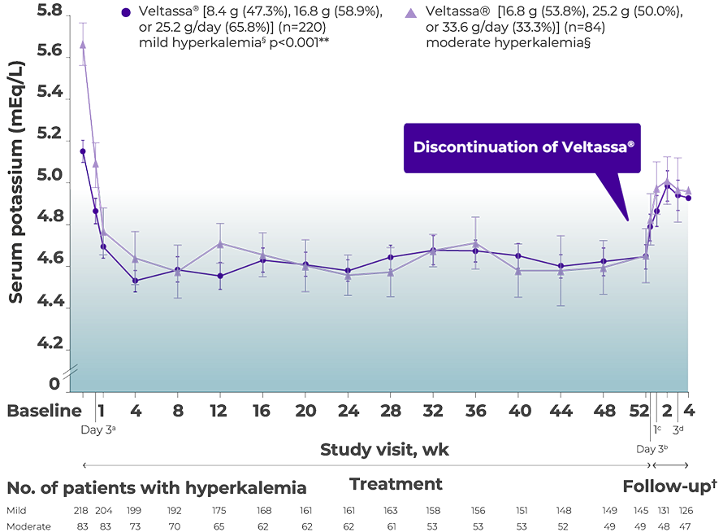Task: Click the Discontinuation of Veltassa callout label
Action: click(x=523, y=147)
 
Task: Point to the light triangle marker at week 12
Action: click(x=219, y=243)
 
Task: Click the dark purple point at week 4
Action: click(x=135, y=281)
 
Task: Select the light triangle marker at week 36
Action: click(x=475, y=243)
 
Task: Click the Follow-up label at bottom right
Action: click(x=669, y=486)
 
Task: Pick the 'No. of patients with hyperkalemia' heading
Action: click(x=158, y=488)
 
